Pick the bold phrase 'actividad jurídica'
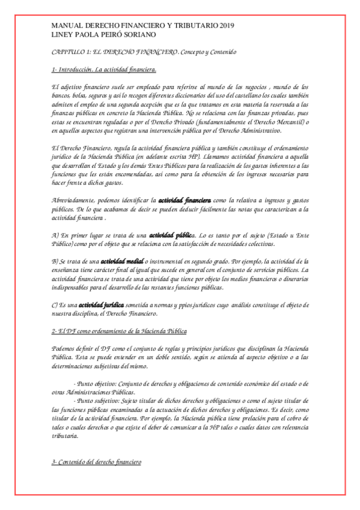point(105,305)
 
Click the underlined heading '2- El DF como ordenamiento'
point(119,331)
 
